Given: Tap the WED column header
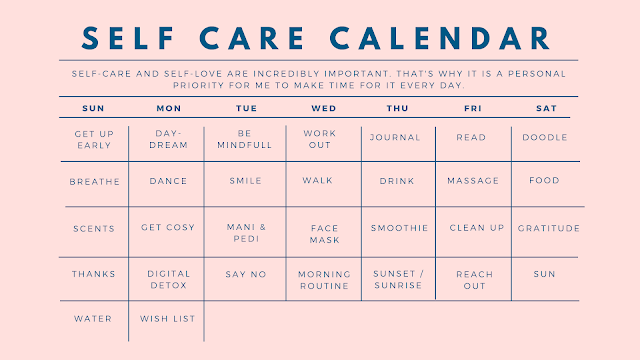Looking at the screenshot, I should pyautogui.click(x=323, y=107).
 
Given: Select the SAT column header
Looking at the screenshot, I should pyautogui.click(x=547, y=107).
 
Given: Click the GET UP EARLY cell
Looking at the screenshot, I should pyautogui.click(x=95, y=139).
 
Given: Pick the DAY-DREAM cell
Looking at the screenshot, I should pyautogui.click(x=168, y=139).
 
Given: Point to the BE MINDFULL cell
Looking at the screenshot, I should pyautogui.click(x=246, y=139).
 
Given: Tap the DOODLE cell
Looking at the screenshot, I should pyautogui.click(x=545, y=138).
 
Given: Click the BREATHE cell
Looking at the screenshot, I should pyautogui.click(x=95, y=182).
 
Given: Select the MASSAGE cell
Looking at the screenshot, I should pyautogui.click(x=474, y=182).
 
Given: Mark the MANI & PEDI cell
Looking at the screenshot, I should pyautogui.click(x=246, y=234).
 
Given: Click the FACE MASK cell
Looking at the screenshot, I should pyautogui.click(x=325, y=234).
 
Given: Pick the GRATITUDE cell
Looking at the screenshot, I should pyautogui.click(x=549, y=228).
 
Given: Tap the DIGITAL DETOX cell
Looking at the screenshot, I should pyautogui.click(x=168, y=279).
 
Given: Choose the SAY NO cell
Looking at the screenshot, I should pyautogui.click(x=246, y=273).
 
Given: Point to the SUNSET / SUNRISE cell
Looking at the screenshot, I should pyautogui.click(x=398, y=279).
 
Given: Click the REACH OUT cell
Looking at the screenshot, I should pyautogui.click(x=474, y=279).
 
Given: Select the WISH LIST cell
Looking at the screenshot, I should pyautogui.click(x=168, y=319).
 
